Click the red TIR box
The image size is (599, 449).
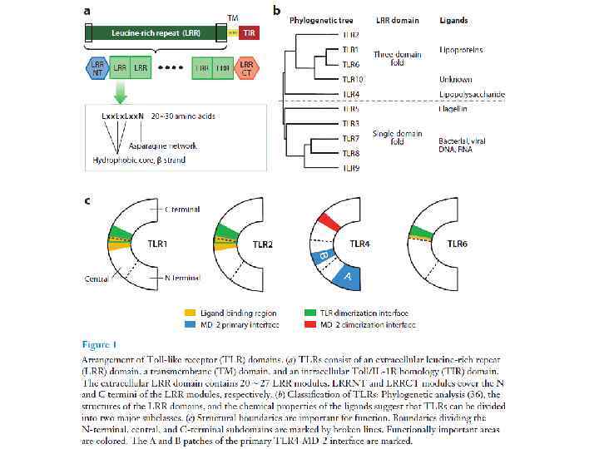pyautogui.click(x=249, y=33)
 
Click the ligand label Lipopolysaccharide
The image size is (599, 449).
pyautogui.click(x=472, y=95)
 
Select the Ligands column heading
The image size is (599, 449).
pyautogui.click(x=453, y=19)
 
